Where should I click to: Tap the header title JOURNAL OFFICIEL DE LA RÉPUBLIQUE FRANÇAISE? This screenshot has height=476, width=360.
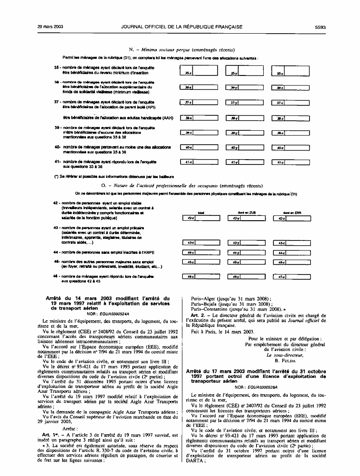click(181, 27)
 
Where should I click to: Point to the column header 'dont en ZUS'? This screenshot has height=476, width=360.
click(241, 212)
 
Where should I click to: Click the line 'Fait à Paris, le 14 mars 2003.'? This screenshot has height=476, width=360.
click(222, 332)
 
